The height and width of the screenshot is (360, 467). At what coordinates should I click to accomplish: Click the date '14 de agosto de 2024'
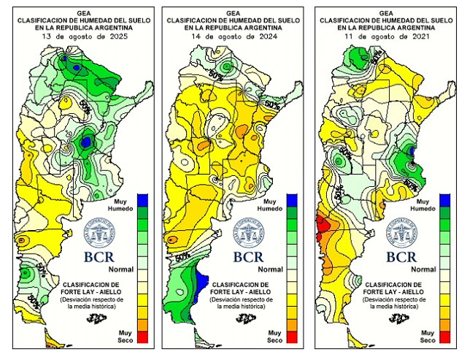232,35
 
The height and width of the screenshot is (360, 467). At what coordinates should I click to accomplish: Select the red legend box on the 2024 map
292,336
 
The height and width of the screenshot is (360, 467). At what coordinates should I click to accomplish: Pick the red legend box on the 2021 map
444,336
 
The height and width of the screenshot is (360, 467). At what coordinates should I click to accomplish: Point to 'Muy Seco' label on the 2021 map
428,336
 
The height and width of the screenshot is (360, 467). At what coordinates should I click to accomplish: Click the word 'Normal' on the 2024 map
271,269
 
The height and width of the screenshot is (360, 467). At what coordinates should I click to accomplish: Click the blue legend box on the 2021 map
444,199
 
